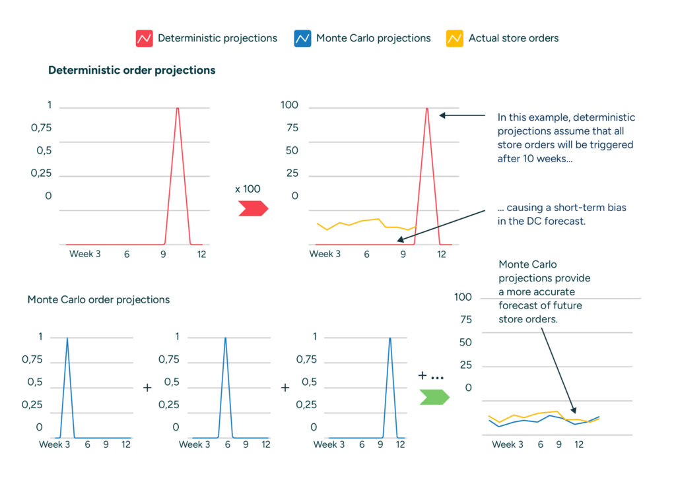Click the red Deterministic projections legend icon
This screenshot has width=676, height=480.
tap(144, 38)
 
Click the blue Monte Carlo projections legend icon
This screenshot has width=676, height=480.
tap(302, 38)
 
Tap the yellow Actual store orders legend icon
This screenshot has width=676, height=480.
tap(454, 38)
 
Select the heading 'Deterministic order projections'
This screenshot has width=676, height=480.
tap(131, 70)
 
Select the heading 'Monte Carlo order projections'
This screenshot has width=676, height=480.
tap(98, 299)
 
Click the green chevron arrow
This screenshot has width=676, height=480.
tap(434, 397)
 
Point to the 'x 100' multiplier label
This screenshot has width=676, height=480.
tap(248, 189)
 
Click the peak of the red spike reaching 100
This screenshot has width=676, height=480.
tap(427, 109)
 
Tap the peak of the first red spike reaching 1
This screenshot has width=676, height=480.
tap(178, 109)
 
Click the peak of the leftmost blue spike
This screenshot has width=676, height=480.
tap(67, 339)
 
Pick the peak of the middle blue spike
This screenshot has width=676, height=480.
tap(226, 339)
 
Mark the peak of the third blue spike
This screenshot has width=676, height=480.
tap(389, 339)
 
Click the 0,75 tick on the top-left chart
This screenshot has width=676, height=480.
tap(41, 127)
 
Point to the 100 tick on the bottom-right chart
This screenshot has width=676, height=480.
tap(463, 297)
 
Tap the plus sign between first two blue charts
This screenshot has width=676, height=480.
tap(147, 388)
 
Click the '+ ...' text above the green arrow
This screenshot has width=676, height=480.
tap(430, 375)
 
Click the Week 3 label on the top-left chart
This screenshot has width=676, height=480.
tap(84, 254)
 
